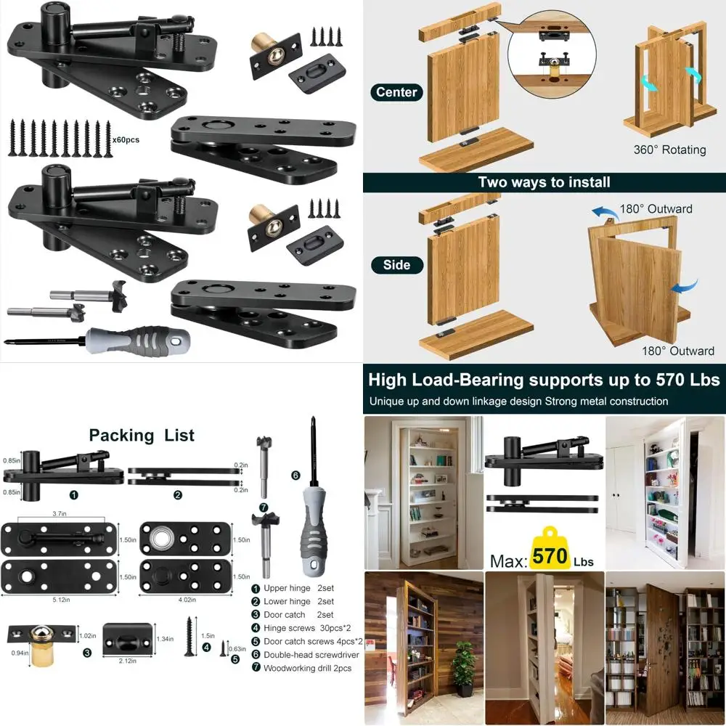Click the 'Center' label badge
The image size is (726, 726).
tap(396, 92)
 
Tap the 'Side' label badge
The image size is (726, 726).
tap(396, 265)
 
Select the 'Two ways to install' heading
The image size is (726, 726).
tap(544, 182)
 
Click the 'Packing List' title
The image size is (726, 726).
tap(142, 436)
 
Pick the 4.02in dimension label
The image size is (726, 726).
tap(187, 600)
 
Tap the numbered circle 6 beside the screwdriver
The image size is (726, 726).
tap(295, 476)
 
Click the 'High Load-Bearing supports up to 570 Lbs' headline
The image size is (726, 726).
tap(544, 380)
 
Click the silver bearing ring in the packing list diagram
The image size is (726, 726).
tap(160, 539)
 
